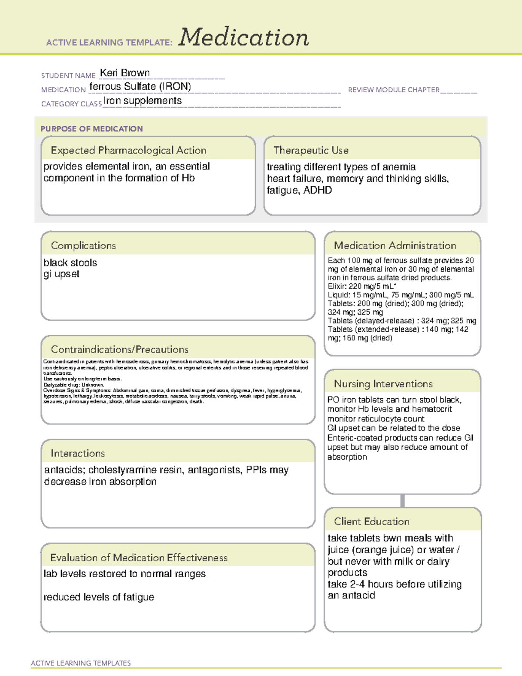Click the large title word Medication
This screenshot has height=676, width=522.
[x=244, y=37]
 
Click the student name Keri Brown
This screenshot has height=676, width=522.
[x=125, y=73]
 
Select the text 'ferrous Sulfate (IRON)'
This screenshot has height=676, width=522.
[x=140, y=87]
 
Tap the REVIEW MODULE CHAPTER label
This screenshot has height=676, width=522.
[x=394, y=90]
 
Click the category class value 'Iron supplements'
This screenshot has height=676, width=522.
[x=143, y=101]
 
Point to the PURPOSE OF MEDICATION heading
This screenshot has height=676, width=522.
[x=92, y=129]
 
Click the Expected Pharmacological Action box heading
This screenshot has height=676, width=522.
[x=128, y=150]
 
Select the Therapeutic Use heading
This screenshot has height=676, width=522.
[x=311, y=150]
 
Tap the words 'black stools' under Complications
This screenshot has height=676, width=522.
[x=70, y=263]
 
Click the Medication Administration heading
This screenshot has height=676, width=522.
[x=395, y=246]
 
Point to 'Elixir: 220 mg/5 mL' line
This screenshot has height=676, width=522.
[x=361, y=286]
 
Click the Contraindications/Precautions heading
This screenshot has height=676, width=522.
[x=120, y=350]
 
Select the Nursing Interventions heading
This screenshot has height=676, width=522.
[x=383, y=384]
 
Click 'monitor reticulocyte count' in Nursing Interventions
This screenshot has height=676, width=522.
[x=376, y=419]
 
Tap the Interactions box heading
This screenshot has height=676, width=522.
[x=78, y=454]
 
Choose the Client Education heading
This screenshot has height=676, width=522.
[x=371, y=521]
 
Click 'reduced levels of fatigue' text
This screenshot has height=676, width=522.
[x=99, y=597]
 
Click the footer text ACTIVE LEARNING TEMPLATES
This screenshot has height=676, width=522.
[x=81, y=663]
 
